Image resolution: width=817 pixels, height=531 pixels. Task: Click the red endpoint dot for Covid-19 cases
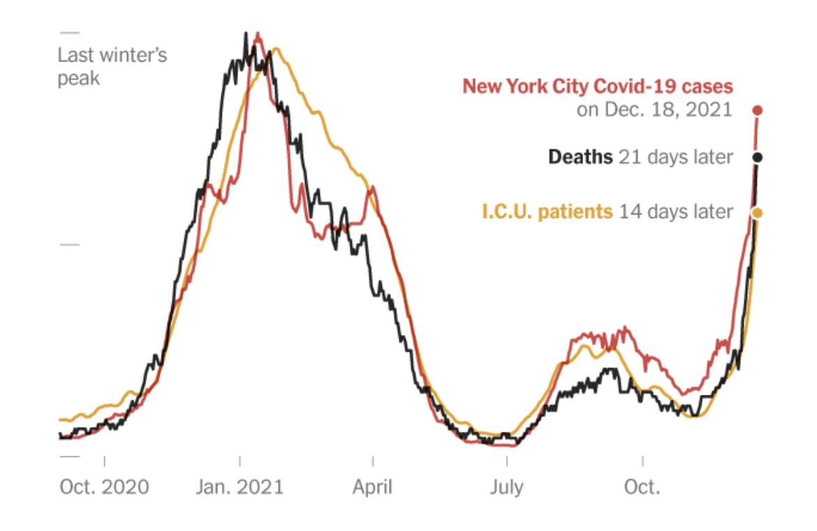point(758,110)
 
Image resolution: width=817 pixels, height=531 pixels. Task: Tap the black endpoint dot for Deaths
point(758,157)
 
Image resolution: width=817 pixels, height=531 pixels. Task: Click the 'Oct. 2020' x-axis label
point(104,487)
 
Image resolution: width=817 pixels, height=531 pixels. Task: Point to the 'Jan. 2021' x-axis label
point(240,487)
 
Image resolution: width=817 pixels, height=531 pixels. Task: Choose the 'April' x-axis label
point(373,487)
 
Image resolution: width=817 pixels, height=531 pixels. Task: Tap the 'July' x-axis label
point(506,487)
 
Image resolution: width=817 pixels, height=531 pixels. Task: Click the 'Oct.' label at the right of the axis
point(642,487)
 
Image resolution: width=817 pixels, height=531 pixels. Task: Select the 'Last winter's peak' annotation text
point(112,66)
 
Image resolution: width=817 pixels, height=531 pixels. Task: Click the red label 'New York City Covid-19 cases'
point(598,87)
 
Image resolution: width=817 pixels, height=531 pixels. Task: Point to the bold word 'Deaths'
point(580,157)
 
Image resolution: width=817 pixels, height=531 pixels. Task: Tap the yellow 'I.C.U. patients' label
point(546,212)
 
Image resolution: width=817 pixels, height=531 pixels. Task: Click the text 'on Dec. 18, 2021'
point(654,110)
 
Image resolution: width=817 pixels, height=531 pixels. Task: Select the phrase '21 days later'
point(675,157)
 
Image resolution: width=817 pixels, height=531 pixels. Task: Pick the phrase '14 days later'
point(675,212)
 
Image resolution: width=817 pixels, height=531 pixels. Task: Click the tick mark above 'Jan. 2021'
point(240,463)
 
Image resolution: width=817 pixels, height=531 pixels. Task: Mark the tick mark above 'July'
point(507,463)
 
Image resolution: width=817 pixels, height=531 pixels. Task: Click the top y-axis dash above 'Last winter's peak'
point(70,33)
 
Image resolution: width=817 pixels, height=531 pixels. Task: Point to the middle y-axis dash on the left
point(70,245)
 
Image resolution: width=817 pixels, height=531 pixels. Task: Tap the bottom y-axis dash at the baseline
point(70,456)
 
